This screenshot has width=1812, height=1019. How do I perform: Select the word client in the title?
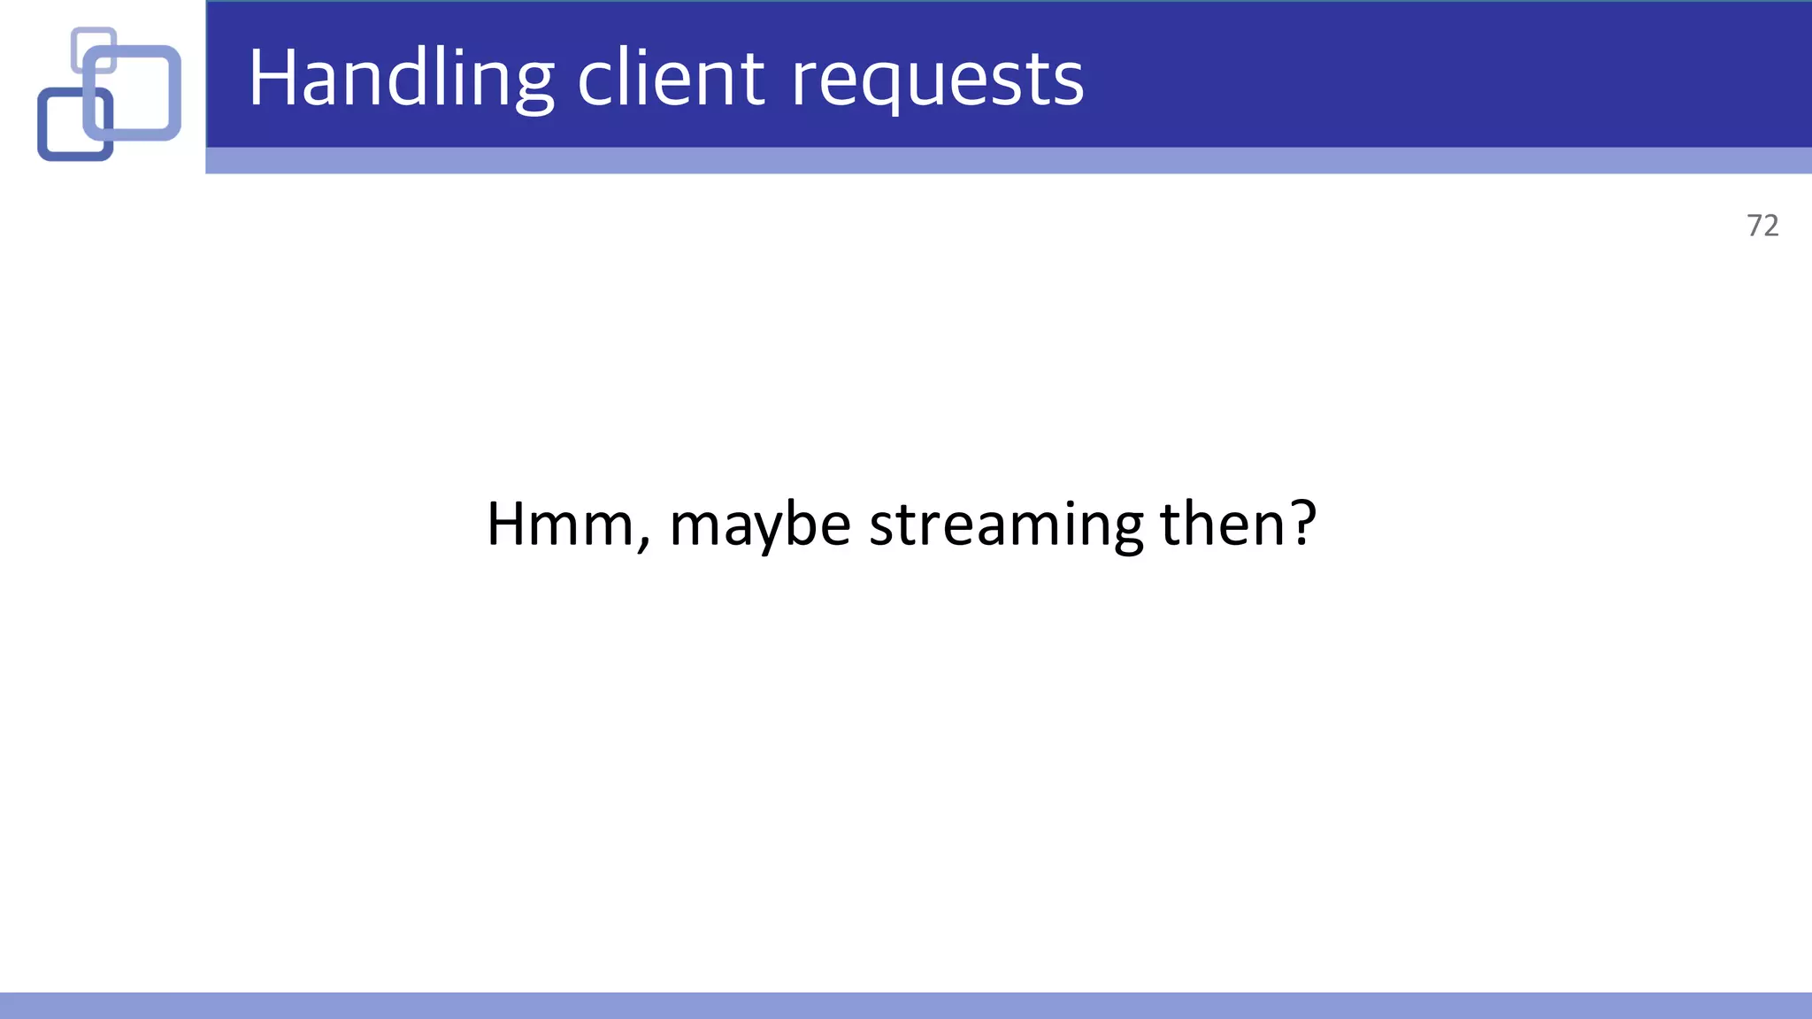click(x=671, y=80)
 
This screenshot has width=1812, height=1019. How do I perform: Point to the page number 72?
click(x=1762, y=226)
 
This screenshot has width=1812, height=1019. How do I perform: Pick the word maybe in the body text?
click(x=760, y=525)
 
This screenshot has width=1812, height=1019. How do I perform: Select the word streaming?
click(x=1006, y=525)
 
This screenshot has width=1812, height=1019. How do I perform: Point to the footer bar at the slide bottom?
click(x=906, y=1006)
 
